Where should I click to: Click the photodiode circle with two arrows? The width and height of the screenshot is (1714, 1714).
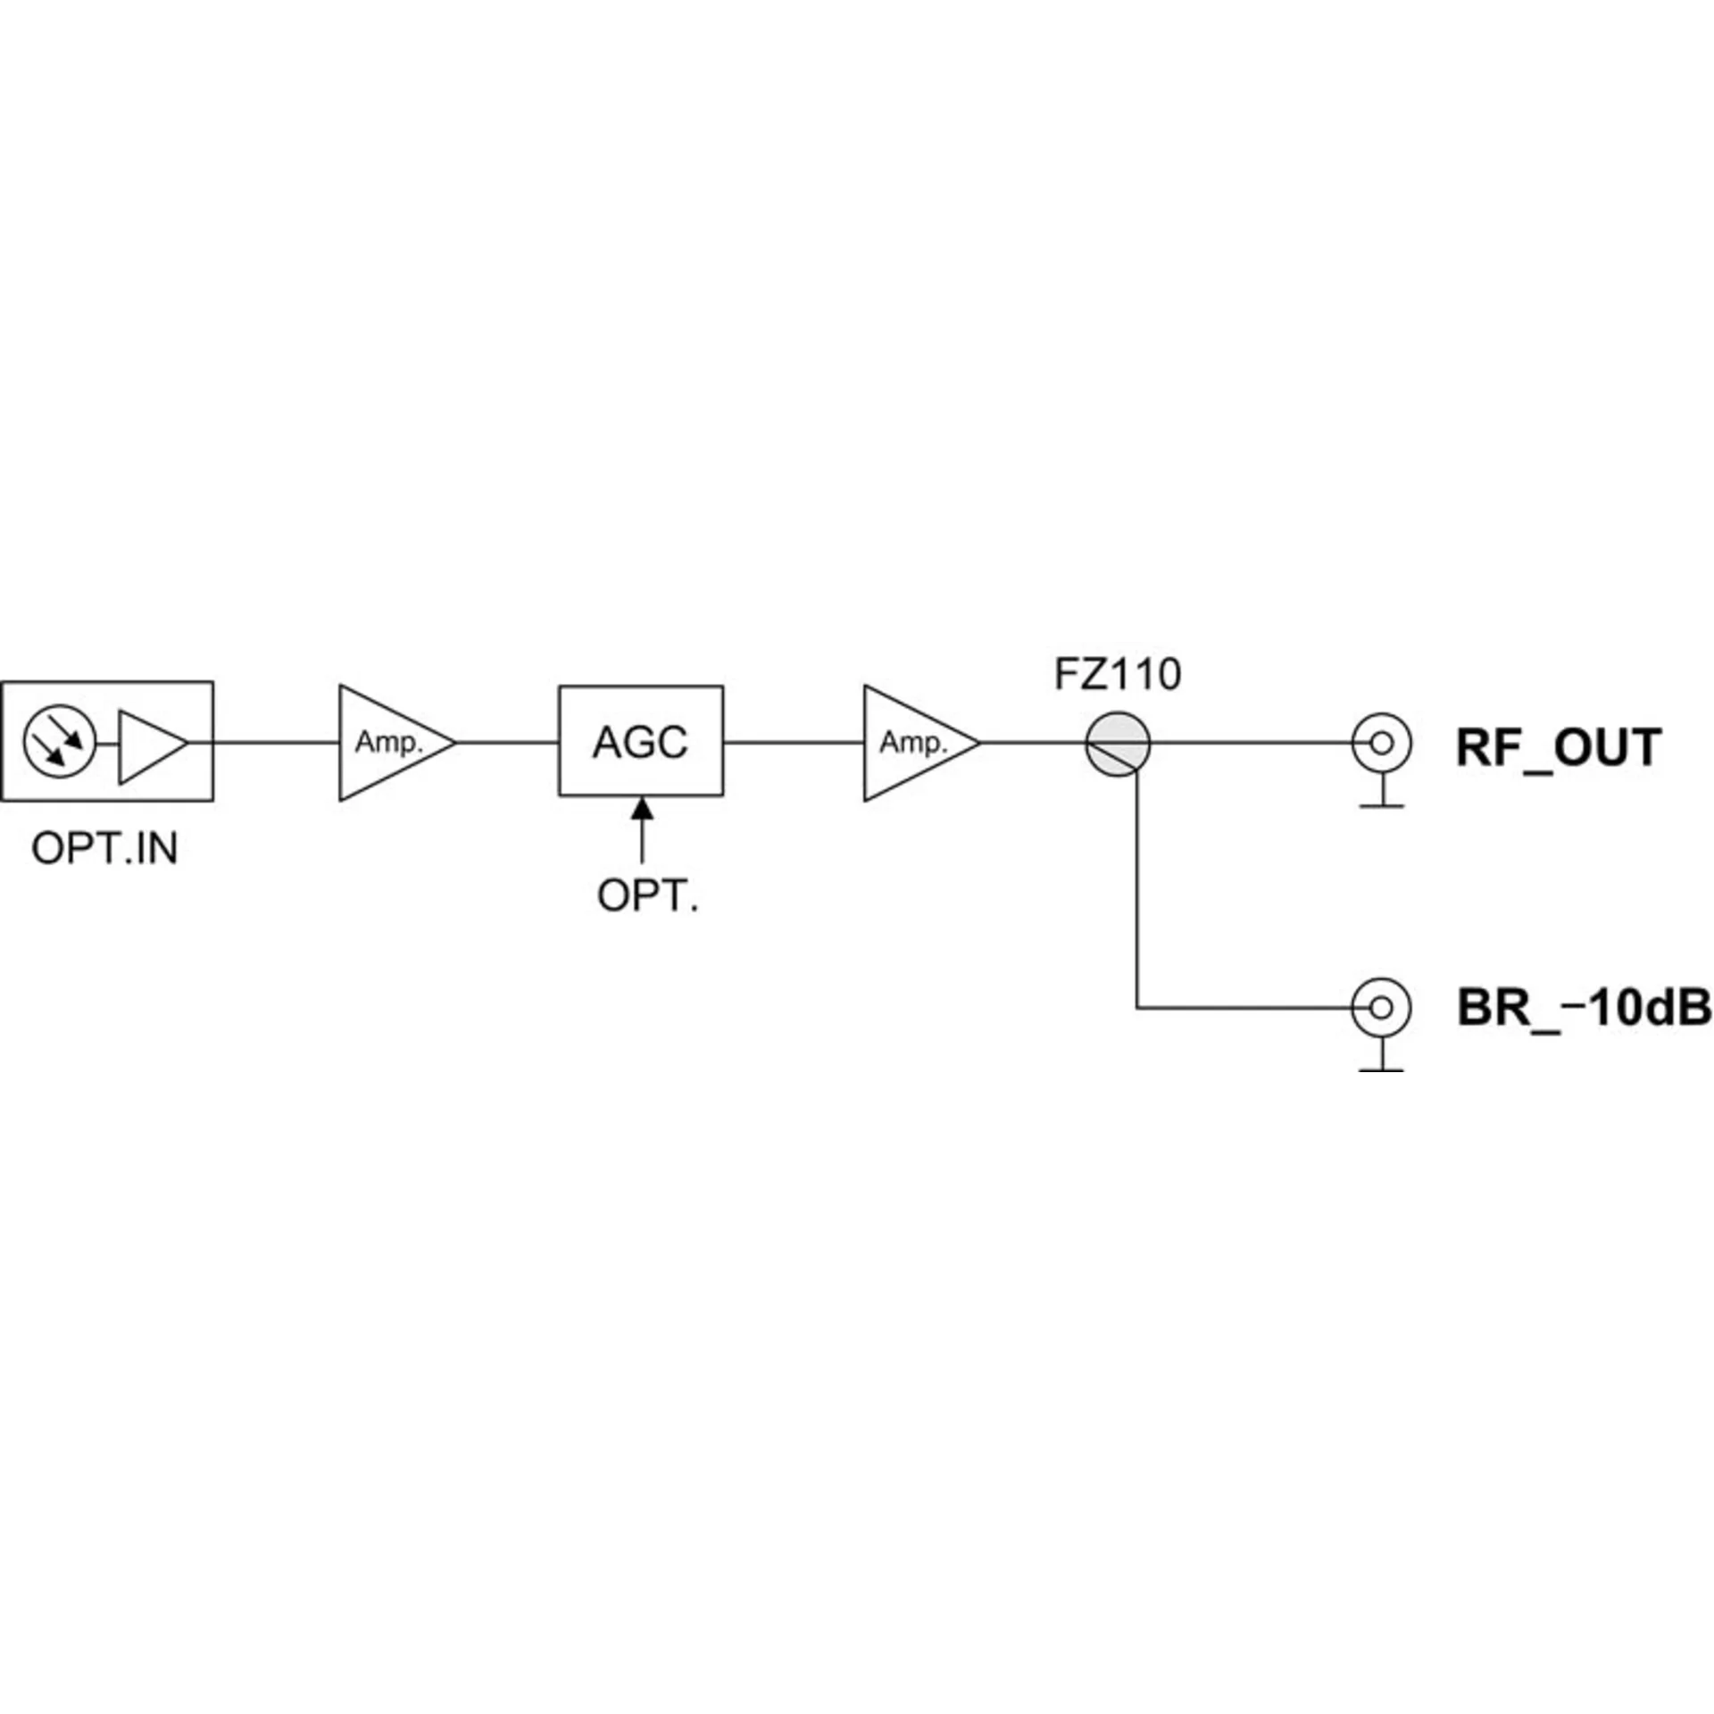pyautogui.click(x=59, y=742)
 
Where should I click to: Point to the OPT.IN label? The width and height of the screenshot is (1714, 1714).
pyautogui.click(x=104, y=848)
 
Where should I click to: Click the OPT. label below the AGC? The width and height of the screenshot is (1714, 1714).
pyautogui.click(x=647, y=895)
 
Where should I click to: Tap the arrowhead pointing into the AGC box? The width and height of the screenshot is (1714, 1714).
pyautogui.click(x=642, y=808)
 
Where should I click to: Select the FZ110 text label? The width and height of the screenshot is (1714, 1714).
pyautogui.click(x=1118, y=675)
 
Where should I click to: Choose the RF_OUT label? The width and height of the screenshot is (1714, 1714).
pyautogui.click(x=1558, y=748)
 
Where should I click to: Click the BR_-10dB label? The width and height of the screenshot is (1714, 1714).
pyautogui.click(x=1584, y=1008)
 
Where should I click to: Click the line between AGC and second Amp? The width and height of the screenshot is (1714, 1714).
pyautogui.click(x=794, y=742)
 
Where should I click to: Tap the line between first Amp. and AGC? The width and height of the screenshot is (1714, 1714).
pyautogui.click(x=507, y=742)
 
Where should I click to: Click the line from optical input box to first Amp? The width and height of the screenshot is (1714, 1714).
pyautogui.click(x=276, y=742)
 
